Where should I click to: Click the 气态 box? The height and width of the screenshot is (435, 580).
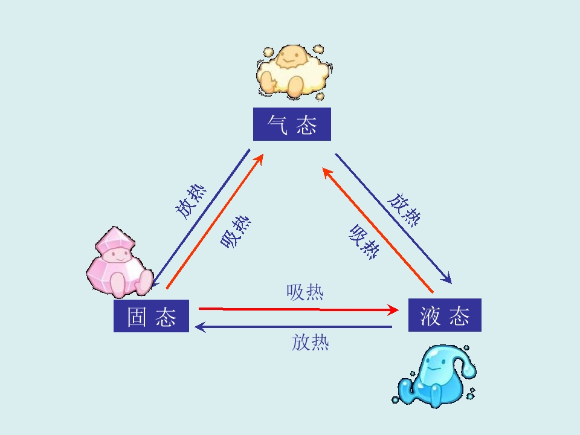292,124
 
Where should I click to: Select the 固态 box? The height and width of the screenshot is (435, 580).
151,316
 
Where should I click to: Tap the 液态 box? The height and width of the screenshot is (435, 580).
445,315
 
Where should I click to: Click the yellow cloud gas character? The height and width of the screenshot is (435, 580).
292,72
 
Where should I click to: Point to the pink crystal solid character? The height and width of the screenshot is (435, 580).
120,263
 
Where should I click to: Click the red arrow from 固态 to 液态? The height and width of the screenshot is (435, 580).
298,309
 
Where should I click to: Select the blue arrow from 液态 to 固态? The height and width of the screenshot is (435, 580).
293,327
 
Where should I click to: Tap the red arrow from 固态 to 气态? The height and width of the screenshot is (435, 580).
214,221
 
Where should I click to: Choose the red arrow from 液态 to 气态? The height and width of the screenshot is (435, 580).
378,230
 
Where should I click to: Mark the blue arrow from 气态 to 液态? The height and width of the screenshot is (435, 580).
393,219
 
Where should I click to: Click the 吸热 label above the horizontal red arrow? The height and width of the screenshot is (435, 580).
305,292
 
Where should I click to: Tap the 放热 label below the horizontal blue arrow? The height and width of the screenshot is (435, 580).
311,342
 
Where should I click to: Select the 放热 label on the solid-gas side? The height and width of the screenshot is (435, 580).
190,202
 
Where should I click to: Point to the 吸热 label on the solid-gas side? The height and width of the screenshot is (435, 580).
236,232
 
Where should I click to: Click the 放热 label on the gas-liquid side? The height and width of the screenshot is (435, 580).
404,210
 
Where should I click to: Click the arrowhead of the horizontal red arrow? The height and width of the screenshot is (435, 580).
392,309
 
